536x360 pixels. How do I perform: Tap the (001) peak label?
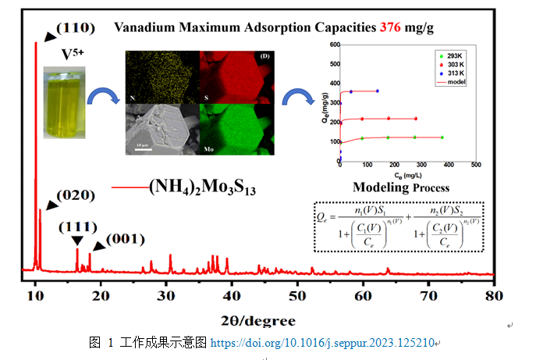tap(125, 237)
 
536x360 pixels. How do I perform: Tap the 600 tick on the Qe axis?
tap(332, 45)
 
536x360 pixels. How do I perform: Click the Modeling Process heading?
tap(400, 187)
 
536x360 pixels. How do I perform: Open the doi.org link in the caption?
tap(321, 342)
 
